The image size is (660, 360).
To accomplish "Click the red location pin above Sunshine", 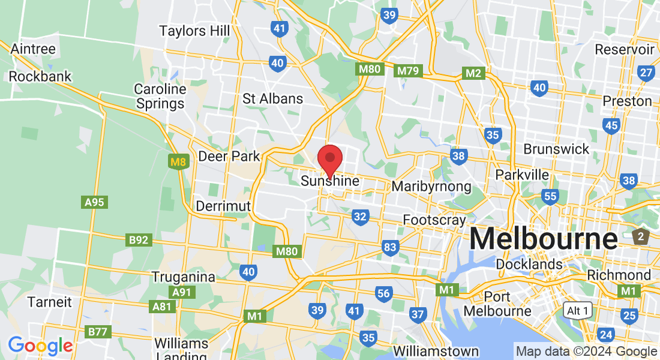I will (329, 158).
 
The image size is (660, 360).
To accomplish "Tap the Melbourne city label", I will (543, 239).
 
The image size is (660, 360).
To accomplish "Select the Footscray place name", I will (434, 220).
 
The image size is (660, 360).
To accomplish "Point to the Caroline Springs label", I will (160, 96).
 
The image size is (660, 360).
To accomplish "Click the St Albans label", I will (272, 98).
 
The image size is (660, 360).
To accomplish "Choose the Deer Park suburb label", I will (229, 157).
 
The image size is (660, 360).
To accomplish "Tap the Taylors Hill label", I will (190, 31).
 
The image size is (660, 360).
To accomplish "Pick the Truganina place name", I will (183, 277).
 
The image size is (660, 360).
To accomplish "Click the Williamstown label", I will (436, 351).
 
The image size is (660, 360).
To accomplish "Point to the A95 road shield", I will (94, 202).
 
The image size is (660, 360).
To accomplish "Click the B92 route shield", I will (139, 240).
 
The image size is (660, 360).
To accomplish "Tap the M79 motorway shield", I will (409, 71).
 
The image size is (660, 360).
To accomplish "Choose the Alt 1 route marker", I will (578, 310).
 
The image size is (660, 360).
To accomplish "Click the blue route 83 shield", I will (390, 247).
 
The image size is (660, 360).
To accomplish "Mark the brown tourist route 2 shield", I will (640, 236).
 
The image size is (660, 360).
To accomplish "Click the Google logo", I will (40, 346).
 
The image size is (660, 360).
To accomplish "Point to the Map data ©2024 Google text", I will (586, 352).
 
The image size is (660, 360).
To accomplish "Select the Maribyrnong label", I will (431, 186).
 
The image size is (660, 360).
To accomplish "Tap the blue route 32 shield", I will (360, 217).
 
